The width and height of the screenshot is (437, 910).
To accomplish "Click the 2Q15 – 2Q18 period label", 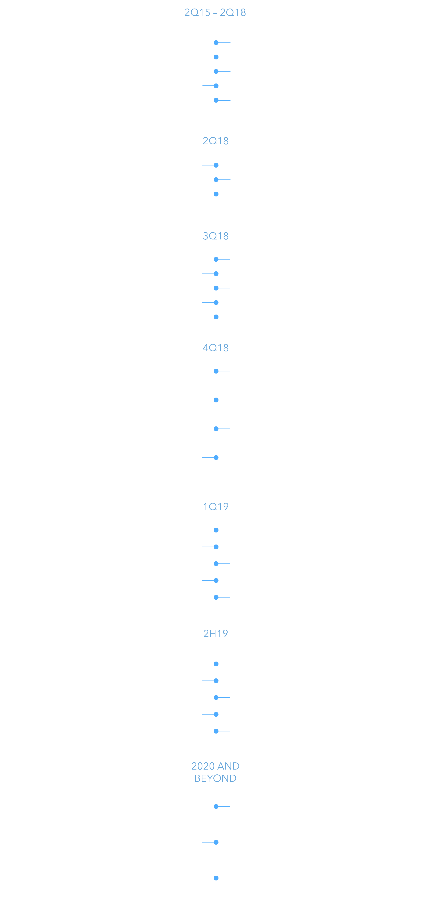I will tap(215, 12).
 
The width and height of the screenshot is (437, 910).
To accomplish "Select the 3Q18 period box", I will tap(216, 236).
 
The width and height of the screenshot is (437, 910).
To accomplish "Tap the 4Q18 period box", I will tap(216, 348).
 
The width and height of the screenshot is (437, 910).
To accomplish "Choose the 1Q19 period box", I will tap(216, 506).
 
